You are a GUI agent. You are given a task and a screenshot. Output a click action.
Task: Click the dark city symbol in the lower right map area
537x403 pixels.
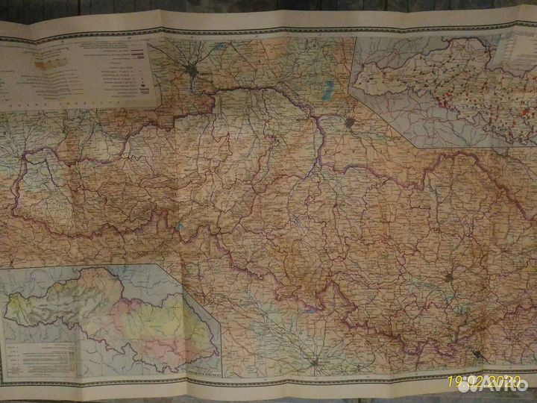(449, 278)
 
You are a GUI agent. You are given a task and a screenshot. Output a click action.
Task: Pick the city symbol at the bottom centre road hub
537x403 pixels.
(315, 363)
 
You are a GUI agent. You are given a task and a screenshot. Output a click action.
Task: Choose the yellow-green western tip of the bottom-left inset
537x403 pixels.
(22, 305)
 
